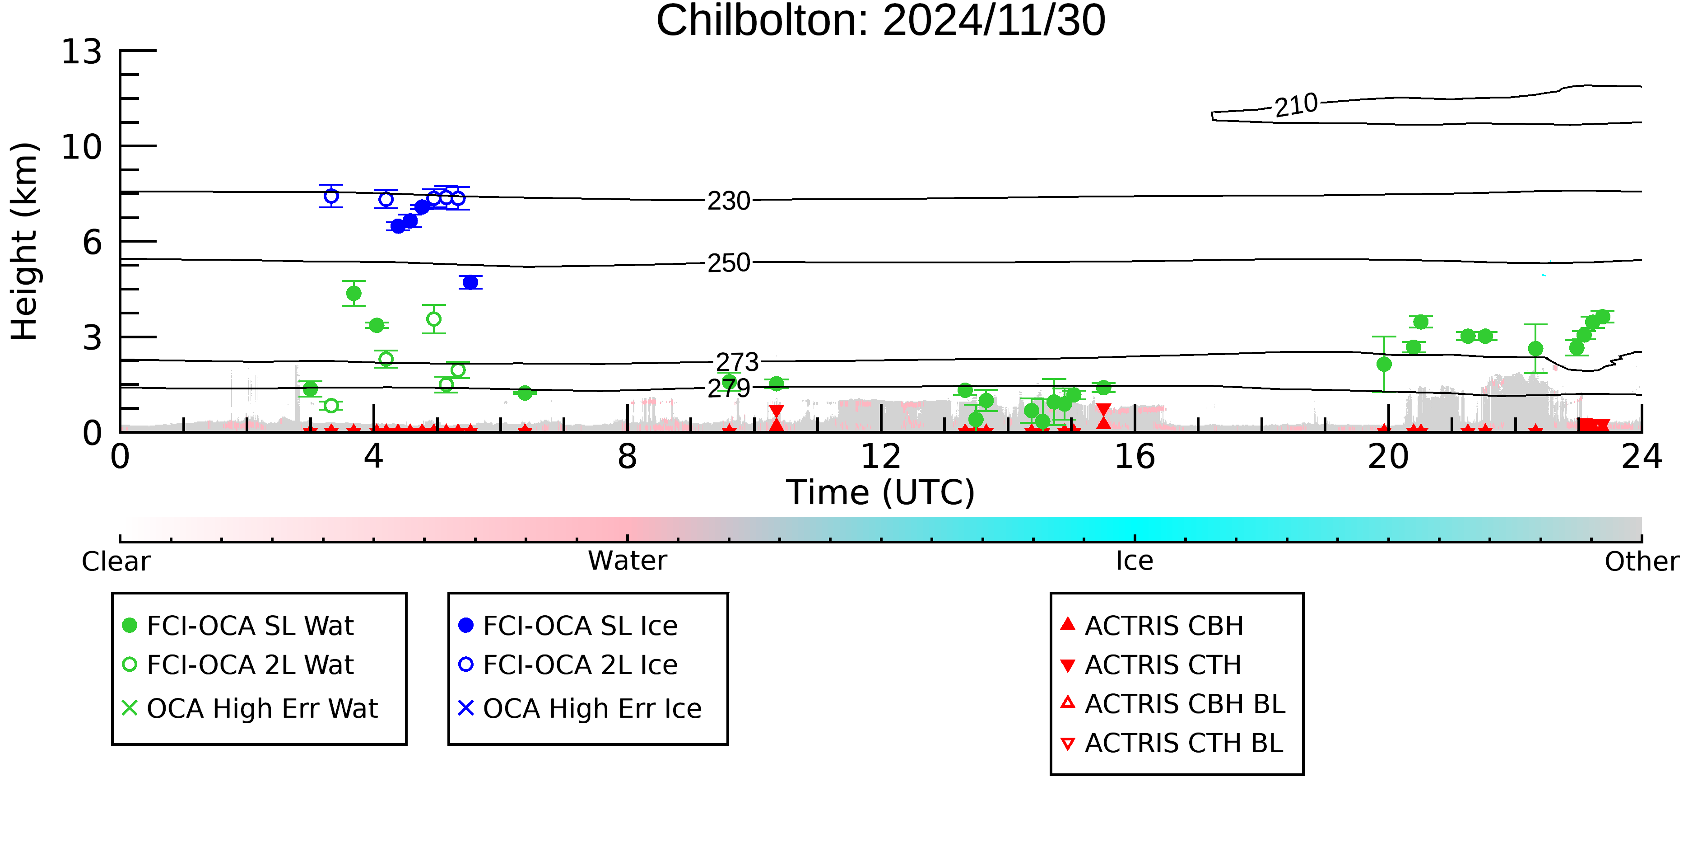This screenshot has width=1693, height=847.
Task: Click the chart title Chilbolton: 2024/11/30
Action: (881, 21)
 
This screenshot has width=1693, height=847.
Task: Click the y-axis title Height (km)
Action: (25, 241)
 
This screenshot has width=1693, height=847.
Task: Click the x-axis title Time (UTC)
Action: (881, 492)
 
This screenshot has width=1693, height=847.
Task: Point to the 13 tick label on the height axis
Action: (82, 51)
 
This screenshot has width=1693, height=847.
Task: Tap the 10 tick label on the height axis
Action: (82, 147)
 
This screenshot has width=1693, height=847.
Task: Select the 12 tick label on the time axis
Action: (881, 456)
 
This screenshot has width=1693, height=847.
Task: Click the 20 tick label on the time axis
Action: (1388, 456)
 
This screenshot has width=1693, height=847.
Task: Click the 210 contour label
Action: (1296, 105)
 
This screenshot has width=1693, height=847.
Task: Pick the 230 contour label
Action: (728, 201)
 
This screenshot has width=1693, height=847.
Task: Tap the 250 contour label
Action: (728, 263)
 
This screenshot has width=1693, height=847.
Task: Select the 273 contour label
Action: (737, 362)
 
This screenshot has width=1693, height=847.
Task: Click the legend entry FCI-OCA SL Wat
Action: (238, 625)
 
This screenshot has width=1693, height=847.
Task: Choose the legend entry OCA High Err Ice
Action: (580, 709)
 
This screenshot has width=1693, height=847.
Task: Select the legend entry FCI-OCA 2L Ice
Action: (568, 665)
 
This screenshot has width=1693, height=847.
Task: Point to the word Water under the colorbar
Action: (628, 561)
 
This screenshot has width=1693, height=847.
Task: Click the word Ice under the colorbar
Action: (1135, 561)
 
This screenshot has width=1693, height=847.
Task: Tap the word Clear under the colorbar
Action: (116, 562)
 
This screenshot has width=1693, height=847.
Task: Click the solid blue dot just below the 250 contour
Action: (470, 283)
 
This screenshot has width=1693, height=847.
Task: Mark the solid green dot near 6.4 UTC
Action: (525, 393)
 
